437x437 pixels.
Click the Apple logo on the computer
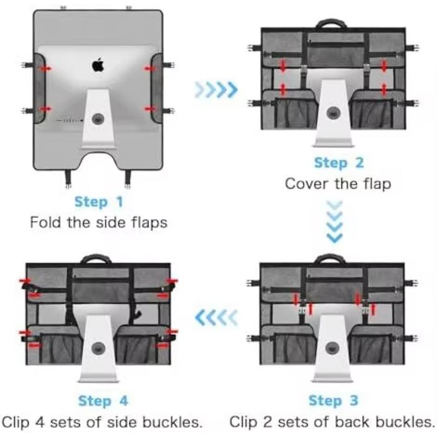click(98, 65)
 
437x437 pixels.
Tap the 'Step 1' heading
click(99, 202)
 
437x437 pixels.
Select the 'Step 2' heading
click(339, 163)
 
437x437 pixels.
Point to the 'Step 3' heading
click(333, 400)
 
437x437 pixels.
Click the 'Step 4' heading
click(103, 401)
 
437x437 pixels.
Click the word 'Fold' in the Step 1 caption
click(45, 222)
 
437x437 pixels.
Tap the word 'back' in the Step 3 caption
click(352, 422)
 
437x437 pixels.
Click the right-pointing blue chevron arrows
click(216, 90)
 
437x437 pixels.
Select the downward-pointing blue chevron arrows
click(334, 222)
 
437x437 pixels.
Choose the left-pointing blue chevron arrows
click(216, 318)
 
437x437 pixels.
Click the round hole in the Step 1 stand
click(98, 119)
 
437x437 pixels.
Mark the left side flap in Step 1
click(39, 88)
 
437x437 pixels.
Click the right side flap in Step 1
click(157, 88)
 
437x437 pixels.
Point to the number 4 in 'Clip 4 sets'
click(39, 422)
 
